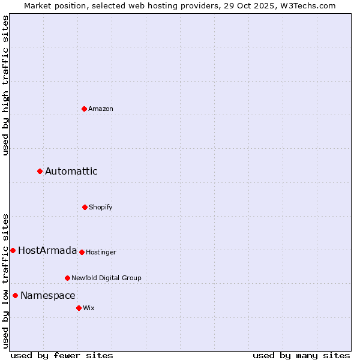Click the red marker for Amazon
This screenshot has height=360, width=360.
[84, 109]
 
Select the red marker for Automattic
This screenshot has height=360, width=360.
[40, 172]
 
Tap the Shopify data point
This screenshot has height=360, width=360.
[85, 207]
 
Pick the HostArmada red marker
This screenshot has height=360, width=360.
[13, 250]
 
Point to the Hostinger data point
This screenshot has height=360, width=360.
[82, 252]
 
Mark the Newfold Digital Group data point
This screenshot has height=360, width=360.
[67, 278]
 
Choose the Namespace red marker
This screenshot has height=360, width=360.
[15, 295]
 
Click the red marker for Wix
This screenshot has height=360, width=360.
[79, 308]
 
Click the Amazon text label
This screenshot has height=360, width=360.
[101, 109]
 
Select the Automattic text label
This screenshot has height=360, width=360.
[71, 172]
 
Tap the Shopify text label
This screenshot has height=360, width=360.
[101, 207]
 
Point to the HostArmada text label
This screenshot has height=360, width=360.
[47, 250]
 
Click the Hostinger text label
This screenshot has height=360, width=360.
[101, 252]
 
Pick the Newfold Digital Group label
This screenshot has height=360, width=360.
[106, 278]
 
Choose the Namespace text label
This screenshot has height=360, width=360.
[48, 295]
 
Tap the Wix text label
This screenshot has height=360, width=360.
[89, 308]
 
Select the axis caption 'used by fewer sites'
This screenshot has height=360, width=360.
[62, 355]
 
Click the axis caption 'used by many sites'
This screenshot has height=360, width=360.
[301, 355]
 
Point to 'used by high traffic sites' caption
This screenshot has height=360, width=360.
[5, 85]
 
